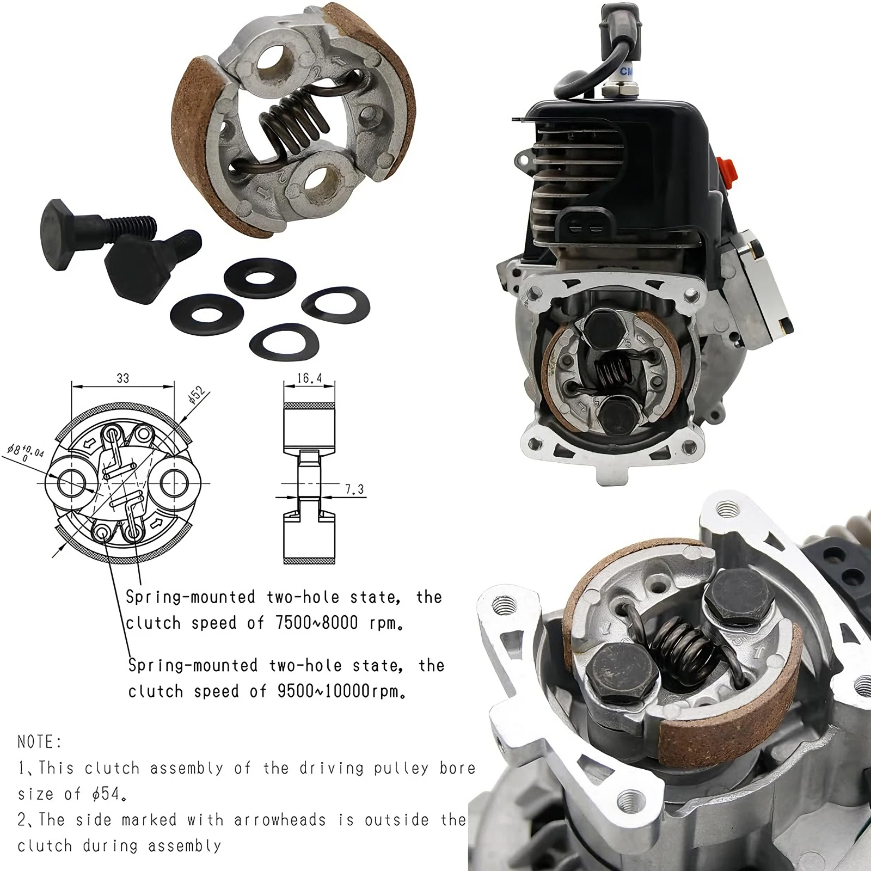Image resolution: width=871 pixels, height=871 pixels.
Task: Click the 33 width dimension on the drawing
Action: pyautogui.click(x=123, y=378)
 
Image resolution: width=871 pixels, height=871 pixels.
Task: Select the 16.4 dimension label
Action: pyautogui.click(x=309, y=378)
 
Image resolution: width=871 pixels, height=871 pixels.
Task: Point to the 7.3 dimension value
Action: pyautogui.click(x=354, y=489)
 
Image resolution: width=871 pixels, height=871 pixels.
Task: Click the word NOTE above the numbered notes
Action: pyautogui.click(x=40, y=741)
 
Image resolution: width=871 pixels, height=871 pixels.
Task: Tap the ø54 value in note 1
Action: pyautogui.click(x=106, y=794)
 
